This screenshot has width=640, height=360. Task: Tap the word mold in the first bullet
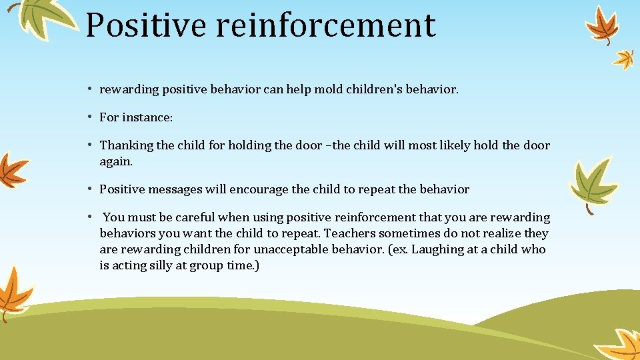(x=328, y=89)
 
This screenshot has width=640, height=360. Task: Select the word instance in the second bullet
(x=153, y=117)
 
